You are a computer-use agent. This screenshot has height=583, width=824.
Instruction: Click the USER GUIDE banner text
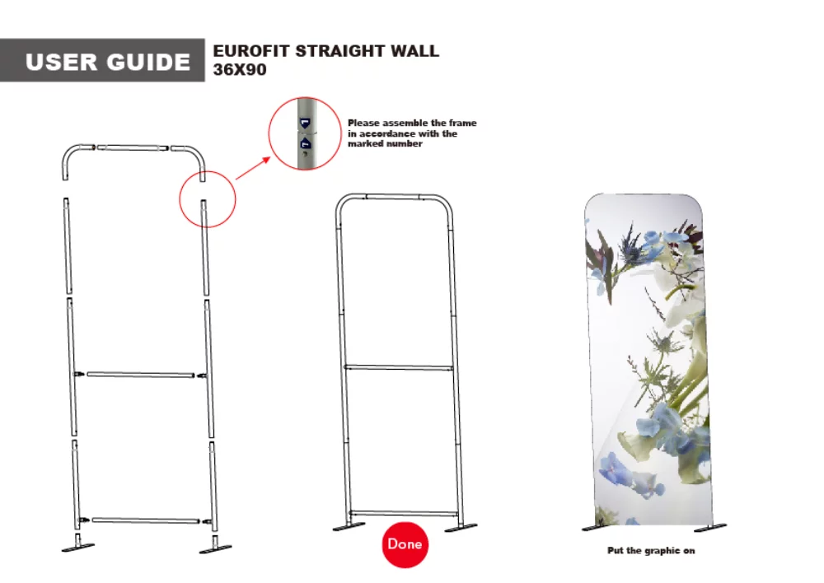click(x=108, y=62)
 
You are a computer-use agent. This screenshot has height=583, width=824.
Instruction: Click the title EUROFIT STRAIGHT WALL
click(x=325, y=51)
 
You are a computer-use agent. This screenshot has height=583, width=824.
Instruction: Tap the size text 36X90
click(x=240, y=70)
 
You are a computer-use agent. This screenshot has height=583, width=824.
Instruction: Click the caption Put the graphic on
click(x=650, y=550)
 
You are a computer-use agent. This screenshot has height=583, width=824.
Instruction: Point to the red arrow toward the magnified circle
click(x=253, y=168)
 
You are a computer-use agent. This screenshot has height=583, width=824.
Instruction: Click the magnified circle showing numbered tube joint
click(x=305, y=133)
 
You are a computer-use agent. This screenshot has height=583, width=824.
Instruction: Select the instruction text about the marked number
click(x=411, y=133)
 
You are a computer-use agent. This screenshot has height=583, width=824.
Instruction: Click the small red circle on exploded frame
click(x=207, y=199)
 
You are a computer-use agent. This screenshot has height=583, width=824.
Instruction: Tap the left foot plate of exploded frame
click(x=78, y=547)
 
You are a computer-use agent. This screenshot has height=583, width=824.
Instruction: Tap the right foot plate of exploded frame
click(x=215, y=547)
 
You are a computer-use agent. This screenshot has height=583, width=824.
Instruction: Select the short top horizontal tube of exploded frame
click(x=132, y=148)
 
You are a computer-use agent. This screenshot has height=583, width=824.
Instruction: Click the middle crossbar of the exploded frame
click(x=141, y=375)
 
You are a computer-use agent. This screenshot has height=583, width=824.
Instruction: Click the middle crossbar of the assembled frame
click(x=399, y=366)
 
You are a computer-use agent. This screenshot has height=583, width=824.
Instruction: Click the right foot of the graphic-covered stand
click(x=710, y=526)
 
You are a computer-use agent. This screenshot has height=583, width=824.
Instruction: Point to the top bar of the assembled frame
click(x=394, y=197)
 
